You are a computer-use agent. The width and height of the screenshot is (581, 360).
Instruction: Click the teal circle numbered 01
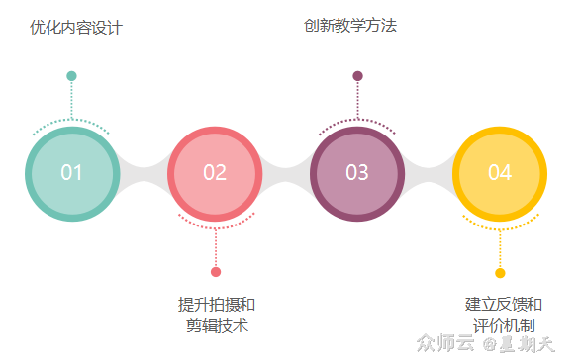pyautogui.click(x=71, y=173)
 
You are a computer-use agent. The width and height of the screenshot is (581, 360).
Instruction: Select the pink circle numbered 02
pyautogui.click(x=215, y=173)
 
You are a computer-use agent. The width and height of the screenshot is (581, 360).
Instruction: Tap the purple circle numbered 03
pyautogui.click(x=357, y=173)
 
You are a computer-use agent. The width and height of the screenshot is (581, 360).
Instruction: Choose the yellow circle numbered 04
pyautogui.click(x=500, y=173)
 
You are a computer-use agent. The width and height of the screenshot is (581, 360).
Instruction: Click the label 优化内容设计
pyautogui.click(x=76, y=28)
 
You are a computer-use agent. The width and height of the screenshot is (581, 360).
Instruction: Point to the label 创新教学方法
pyautogui.click(x=350, y=26)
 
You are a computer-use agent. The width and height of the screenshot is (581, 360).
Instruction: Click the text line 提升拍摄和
pyautogui.click(x=217, y=304)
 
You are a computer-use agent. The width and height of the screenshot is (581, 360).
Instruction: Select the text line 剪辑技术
pyautogui.click(x=217, y=325)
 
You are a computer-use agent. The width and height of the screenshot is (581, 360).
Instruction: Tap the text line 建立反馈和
pyautogui.click(x=504, y=304)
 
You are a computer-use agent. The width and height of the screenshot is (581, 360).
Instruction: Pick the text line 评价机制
pyautogui.click(x=504, y=325)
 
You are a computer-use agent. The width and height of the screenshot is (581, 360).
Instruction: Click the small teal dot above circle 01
pyautogui.click(x=71, y=76)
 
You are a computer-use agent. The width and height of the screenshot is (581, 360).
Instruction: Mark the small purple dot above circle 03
pyautogui.click(x=357, y=76)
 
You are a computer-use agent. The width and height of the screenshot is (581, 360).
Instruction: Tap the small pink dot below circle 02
pyautogui.click(x=216, y=272)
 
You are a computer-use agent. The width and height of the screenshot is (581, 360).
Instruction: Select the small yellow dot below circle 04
pyautogui.click(x=500, y=272)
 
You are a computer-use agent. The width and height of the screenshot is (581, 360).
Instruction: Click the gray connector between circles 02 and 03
pyautogui.click(x=286, y=173)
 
